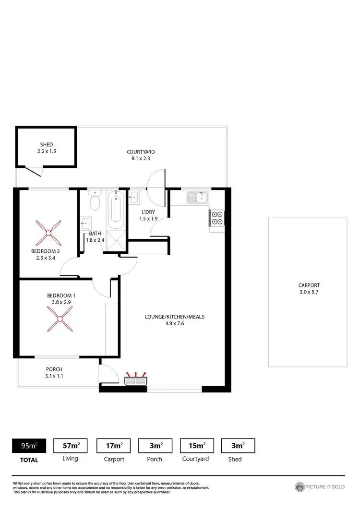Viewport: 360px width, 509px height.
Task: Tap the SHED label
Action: pos(47,144)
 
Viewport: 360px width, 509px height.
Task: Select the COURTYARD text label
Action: pos(141,152)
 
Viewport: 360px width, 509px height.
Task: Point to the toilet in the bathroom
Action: pos(95,201)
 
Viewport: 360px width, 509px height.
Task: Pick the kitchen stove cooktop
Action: pos(216,218)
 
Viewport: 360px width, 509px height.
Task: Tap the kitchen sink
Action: pos(198,197)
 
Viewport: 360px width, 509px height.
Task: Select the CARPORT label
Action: pos(309,285)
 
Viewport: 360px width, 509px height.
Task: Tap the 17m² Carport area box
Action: pos(114,446)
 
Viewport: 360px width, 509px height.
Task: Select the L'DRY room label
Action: pos(147,212)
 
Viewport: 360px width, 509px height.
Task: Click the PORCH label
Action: pos(54,369)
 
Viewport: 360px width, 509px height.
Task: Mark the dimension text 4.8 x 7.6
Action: pos(171,323)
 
